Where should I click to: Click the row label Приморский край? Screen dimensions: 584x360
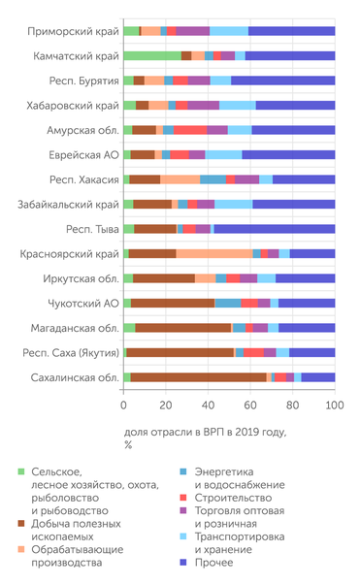pos(68,31)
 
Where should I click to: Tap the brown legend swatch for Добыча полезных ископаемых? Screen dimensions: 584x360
pos(22,523)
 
